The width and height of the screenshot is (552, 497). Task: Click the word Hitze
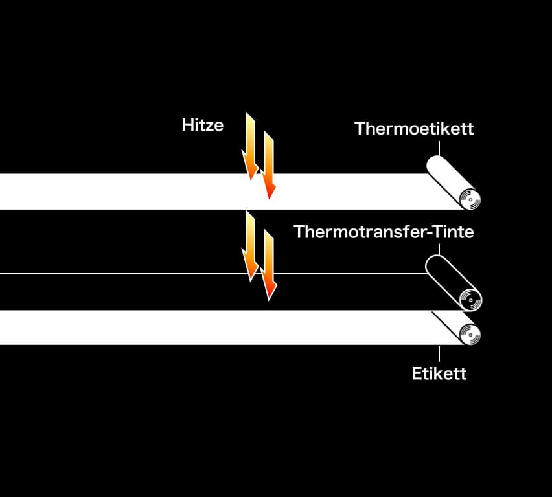[203, 125]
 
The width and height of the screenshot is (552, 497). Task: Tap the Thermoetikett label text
[414, 129]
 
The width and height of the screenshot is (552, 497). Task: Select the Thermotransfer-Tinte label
[384, 232]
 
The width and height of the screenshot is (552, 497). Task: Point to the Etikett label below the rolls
[439, 373]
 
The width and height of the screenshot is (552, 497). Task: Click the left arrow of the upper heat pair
[250, 146]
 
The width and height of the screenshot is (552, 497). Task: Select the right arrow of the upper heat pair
[269, 165]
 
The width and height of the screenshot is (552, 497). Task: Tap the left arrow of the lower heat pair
[250, 246]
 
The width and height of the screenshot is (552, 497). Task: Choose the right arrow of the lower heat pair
[269, 265]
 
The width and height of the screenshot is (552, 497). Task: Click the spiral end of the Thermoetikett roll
[470, 199]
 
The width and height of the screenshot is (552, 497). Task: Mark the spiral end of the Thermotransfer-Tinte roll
[470, 300]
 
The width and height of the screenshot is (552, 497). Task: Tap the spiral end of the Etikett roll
[470, 334]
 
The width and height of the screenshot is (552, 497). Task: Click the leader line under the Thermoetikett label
[439, 148]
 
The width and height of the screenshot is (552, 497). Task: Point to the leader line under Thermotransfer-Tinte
[439, 250]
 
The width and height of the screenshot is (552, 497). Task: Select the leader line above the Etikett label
[439, 353]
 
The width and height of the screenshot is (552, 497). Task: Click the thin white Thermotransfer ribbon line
[213, 273]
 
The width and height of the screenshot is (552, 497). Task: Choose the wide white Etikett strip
[229, 327]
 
